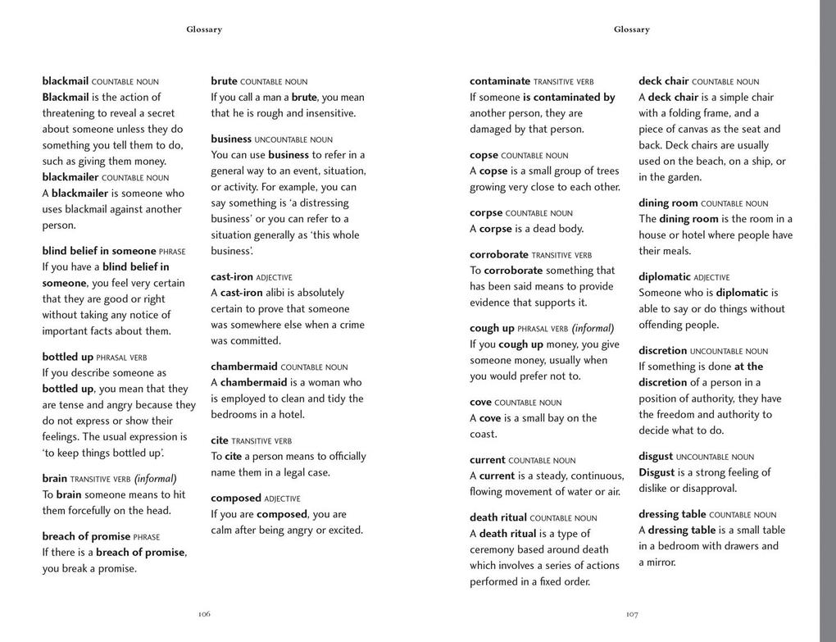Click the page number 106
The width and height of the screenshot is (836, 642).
204,614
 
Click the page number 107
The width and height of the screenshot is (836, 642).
631,614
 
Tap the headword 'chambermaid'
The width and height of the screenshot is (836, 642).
243,367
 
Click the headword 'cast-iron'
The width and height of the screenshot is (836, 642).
231,277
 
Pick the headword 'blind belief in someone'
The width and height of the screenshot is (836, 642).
98,251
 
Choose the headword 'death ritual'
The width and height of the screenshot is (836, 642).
498,517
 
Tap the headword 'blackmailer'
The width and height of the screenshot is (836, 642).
70,177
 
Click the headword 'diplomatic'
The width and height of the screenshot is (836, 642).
664,277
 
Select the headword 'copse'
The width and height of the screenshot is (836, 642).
484,155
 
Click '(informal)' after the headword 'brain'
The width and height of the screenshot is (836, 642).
155,479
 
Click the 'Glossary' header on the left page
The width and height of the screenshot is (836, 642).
204,30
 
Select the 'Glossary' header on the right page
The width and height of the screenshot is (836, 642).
631,30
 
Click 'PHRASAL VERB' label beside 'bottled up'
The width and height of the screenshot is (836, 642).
122,357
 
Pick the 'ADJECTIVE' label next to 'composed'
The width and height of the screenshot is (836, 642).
282,499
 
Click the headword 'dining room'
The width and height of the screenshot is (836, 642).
668,203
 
